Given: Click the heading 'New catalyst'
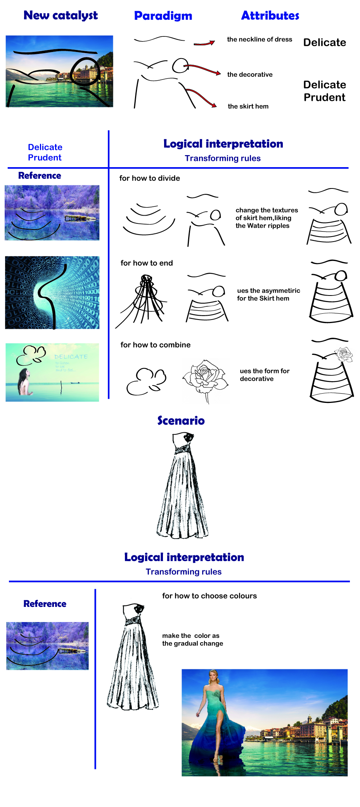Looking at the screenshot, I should click(61, 16).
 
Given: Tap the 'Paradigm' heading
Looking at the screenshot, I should click(163, 16).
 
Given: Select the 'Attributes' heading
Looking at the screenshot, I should click(270, 16).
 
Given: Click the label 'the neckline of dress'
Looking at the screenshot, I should click(260, 40).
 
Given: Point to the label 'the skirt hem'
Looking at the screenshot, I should click(248, 106).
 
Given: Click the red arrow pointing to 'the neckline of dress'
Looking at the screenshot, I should click(204, 43).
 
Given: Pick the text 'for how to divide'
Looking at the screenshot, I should click(149, 178).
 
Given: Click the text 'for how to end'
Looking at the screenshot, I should click(147, 263).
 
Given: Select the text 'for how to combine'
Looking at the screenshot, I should click(155, 345).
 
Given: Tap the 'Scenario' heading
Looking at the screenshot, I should click(181, 421).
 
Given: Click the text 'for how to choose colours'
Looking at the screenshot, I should click(209, 596).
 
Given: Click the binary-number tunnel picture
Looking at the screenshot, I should click(52, 292).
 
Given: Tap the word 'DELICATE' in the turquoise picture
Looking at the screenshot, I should click(71, 357).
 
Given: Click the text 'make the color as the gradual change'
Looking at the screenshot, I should click(192, 639).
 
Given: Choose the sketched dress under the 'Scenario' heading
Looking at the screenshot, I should click(182, 486).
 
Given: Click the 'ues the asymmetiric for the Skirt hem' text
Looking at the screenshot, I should click(268, 295).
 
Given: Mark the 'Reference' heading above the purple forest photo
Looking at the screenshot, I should click(40, 176).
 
